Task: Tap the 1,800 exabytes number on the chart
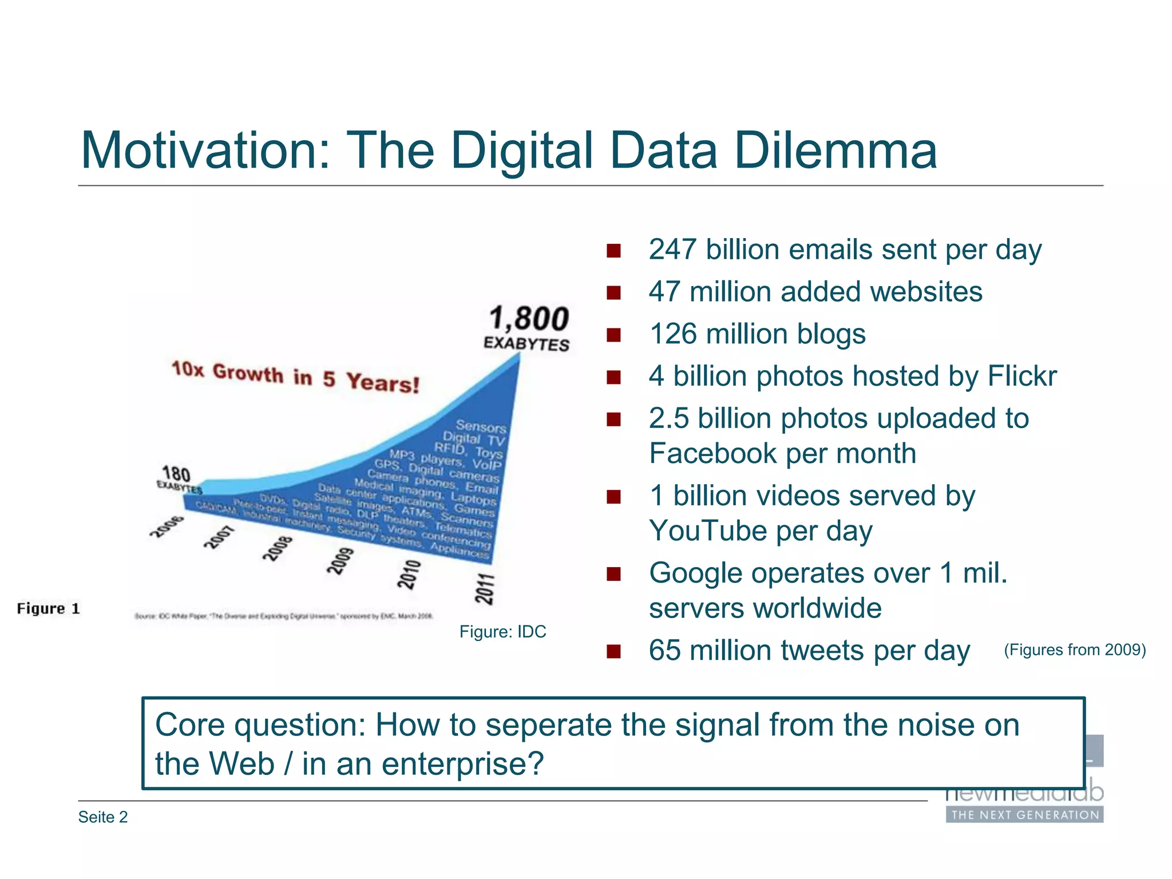click(x=529, y=319)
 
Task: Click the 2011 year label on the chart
click(x=485, y=588)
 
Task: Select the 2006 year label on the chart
click(x=167, y=526)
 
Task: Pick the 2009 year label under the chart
click(x=340, y=561)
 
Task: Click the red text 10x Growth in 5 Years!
click(x=295, y=377)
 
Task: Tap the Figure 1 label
click(x=48, y=608)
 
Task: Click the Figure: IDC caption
click(x=502, y=632)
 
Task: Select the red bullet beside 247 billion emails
click(x=613, y=251)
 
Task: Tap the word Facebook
click(x=712, y=453)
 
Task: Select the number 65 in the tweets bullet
click(x=664, y=651)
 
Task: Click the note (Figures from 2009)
click(x=1074, y=650)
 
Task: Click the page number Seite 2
click(x=103, y=817)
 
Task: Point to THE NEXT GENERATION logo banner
click(x=1024, y=815)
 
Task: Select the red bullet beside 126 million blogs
click(x=613, y=335)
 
